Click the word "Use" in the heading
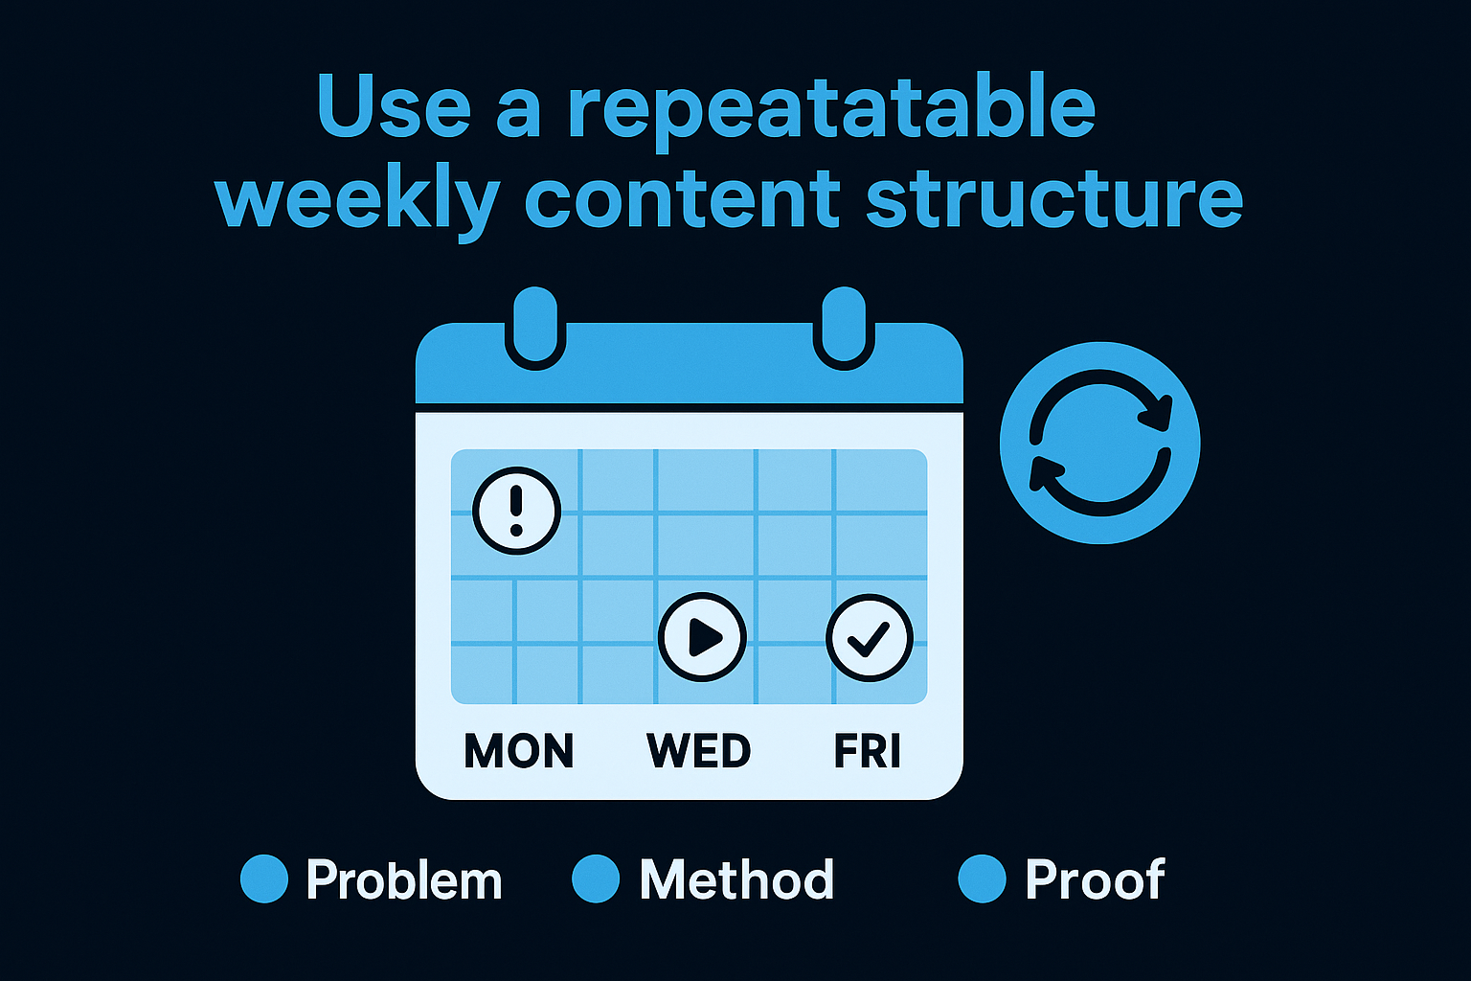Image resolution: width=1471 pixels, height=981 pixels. click(393, 107)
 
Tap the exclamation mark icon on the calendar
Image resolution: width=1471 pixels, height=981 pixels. click(516, 510)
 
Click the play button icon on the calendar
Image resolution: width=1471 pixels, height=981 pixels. click(702, 637)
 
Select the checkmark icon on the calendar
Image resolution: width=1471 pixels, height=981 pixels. click(870, 638)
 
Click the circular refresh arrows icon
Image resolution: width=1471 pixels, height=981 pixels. click(1099, 443)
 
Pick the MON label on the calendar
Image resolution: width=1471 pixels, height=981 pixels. click(519, 751)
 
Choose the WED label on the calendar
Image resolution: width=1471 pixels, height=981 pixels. click(698, 751)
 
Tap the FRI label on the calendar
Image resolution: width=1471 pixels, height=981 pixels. click(868, 751)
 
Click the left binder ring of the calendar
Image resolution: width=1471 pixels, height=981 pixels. click(535, 326)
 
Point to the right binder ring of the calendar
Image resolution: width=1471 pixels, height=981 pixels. click(844, 326)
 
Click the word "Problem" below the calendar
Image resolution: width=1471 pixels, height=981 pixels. click(404, 880)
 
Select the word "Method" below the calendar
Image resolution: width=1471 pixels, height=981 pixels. click(736, 879)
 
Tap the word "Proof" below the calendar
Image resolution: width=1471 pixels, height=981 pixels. click(1095, 879)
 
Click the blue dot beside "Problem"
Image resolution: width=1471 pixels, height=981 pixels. click(264, 879)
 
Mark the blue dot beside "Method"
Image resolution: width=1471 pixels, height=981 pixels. click(596, 879)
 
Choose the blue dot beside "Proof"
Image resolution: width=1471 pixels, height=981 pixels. click(982, 879)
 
